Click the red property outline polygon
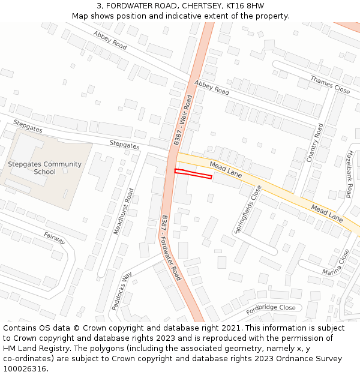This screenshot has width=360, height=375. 193,174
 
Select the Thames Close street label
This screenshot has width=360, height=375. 330,85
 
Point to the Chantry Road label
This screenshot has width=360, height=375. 315,142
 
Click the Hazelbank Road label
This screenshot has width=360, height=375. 348,174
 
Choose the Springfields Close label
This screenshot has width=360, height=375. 248,210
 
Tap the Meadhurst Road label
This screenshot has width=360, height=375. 124,211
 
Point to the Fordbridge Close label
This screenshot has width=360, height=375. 271,308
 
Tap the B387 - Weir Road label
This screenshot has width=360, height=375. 183,120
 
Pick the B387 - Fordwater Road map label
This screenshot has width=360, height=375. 170,248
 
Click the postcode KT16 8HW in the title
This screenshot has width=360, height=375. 244,6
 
